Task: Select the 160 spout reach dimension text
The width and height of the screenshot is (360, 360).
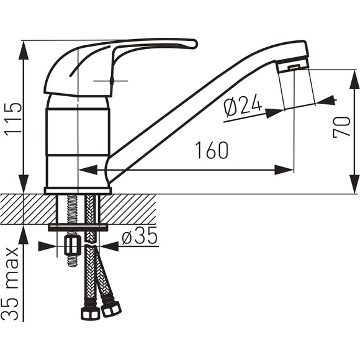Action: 212,150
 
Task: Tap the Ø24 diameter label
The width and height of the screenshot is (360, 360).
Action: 243,105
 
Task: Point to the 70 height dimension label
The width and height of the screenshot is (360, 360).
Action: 342,127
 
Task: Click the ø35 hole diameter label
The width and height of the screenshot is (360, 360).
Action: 140,236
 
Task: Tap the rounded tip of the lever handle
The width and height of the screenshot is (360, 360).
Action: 194,44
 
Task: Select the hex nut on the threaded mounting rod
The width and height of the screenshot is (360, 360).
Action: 73,246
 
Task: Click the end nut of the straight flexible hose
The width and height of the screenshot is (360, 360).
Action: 91,313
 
